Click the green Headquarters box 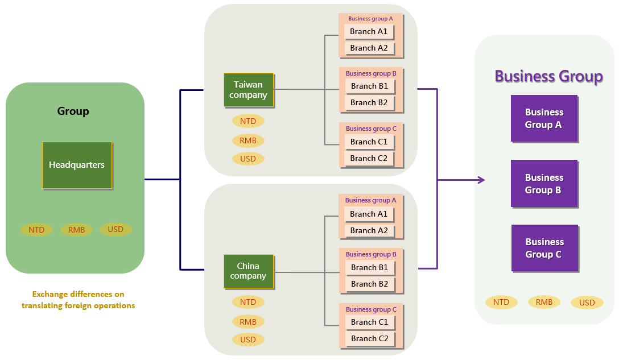click(77, 165)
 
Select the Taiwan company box click(249, 90)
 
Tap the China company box click(249, 271)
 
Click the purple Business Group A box click(544, 118)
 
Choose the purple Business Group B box click(544, 184)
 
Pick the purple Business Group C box click(544, 248)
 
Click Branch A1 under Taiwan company click(369, 31)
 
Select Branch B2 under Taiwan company click(369, 102)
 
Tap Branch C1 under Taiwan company click(369, 142)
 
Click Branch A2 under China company click(369, 230)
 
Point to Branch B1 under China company click(369, 267)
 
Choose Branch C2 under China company click(369, 338)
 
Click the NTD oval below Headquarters click(37, 230)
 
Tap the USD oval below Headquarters click(115, 229)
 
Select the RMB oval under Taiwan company click(248, 140)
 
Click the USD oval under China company click(248, 340)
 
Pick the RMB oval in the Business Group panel click(544, 302)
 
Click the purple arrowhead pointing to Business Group click(481, 180)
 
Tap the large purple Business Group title click(548, 76)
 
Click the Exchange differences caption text click(78, 300)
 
